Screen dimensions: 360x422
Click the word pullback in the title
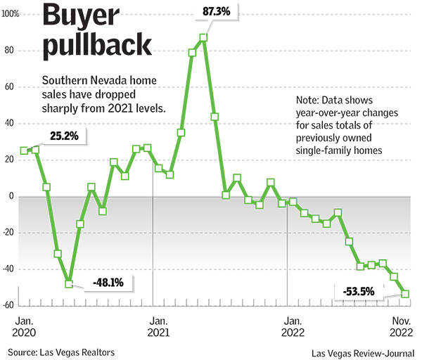tap(97, 46)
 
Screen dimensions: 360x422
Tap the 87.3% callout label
tap(217, 12)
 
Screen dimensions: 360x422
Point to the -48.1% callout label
tap(108, 283)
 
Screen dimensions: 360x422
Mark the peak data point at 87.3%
tap(203, 37)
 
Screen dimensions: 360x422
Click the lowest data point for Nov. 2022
tap(406, 295)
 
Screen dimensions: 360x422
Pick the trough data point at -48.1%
tap(69, 283)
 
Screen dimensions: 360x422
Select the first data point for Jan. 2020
tap(25, 150)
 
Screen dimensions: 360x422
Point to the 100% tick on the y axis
tap(11, 14)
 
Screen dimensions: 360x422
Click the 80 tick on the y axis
tap(11, 51)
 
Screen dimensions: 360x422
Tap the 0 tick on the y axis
tap(12, 197)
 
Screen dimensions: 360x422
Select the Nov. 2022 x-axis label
tap(402, 326)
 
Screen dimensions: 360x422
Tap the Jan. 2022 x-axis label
tap(293, 327)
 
